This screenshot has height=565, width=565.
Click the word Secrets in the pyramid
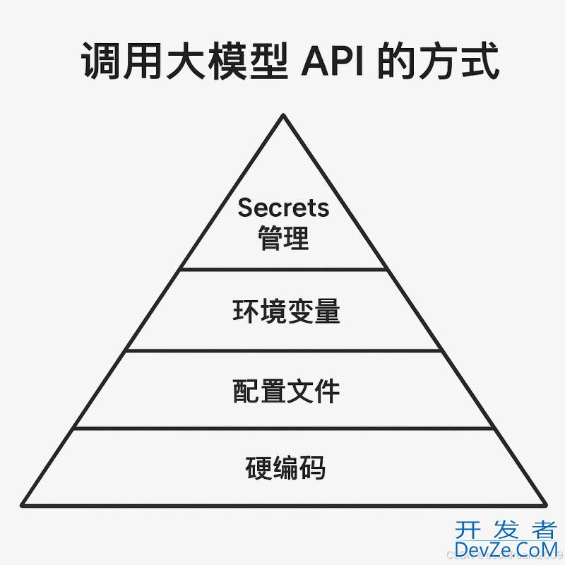[x=283, y=208]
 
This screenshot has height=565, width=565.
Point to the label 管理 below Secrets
[x=283, y=237]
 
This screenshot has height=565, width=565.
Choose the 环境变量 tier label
[x=286, y=312]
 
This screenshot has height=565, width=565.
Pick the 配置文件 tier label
[x=286, y=391]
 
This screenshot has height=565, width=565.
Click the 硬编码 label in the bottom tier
[x=286, y=468]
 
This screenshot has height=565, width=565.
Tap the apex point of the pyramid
[x=283, y=116]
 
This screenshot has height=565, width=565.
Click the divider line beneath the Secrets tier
[x=283, y=269]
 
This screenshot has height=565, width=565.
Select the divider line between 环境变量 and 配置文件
[x=283, y=350]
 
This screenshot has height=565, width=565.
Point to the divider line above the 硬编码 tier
[x=283, y=427]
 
